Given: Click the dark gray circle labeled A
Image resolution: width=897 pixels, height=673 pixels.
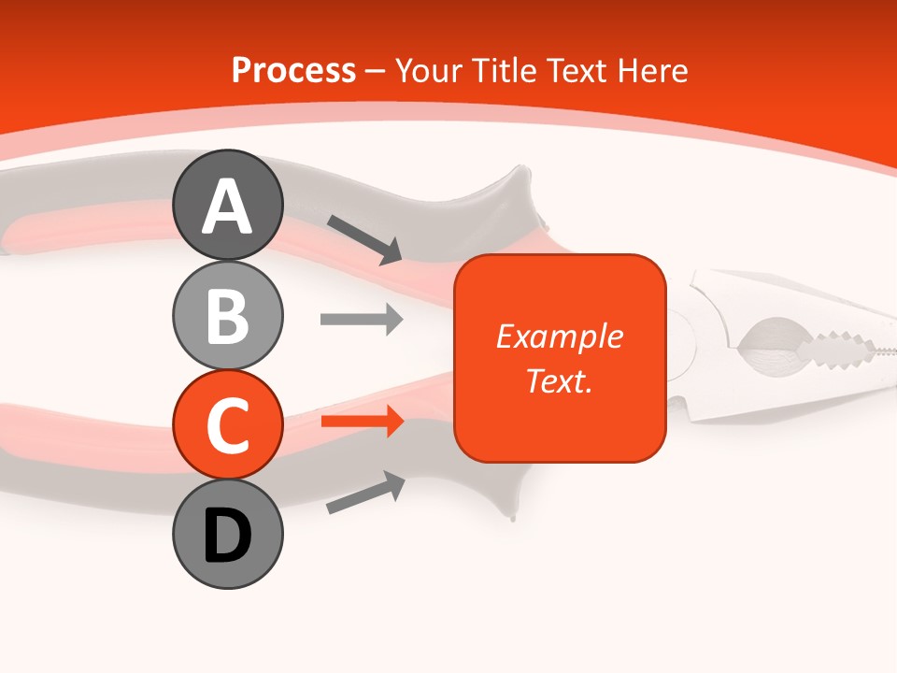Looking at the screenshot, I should click(x=227, y=205).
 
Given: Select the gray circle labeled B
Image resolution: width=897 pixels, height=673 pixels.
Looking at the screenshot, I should click(x=227, y=315).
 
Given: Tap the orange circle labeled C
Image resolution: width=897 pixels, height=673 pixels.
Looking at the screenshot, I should click(x=227, y=425).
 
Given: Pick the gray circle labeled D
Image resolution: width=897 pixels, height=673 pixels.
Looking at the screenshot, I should click(x=227, y=535).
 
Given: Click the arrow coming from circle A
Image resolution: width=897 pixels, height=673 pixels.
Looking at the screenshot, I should click(x=364, y=238).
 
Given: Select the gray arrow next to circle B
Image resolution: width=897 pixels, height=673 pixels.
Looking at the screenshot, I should click(x=361, y=319).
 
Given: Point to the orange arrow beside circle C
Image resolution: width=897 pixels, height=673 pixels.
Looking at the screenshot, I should click(x=361, y=422).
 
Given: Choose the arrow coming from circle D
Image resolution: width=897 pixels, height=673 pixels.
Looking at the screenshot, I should click(x=365, y=493).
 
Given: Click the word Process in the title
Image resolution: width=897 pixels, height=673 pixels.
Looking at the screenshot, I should click(x=293, y=71).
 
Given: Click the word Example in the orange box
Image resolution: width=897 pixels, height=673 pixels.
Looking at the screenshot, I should click(x=559, y=336).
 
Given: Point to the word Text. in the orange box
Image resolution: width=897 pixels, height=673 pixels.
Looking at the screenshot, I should click(x=559, y=380).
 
